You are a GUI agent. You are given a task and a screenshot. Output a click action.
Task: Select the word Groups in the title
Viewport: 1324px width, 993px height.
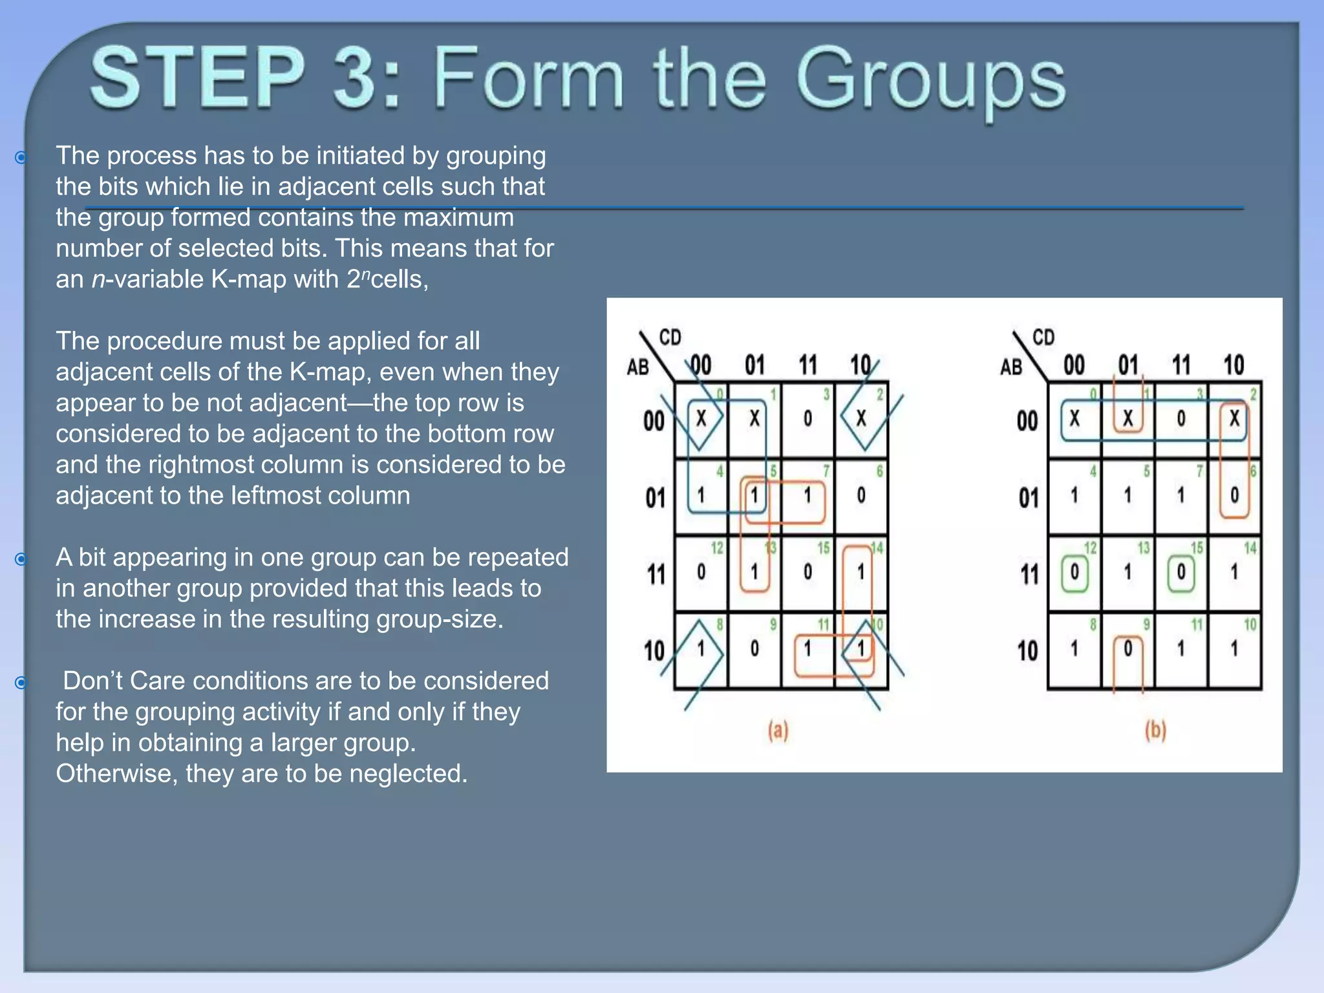(x=931, y=81)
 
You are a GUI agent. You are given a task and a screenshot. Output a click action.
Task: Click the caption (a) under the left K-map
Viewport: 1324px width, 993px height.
(x=778, y=731)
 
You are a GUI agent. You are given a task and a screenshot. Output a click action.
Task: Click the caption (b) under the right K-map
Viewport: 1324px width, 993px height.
(x=1155, y=731)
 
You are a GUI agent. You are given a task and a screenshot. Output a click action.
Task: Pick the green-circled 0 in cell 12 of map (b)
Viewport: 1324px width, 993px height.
(x=1074, y=572)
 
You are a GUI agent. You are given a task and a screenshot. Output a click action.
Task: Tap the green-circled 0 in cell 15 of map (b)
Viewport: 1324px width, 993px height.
(x=1181, y=572)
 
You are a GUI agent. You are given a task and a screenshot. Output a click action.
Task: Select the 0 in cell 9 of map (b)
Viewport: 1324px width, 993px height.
(x=1128, y=648)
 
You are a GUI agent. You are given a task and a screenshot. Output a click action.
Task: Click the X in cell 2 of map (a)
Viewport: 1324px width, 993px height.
(x=861, y=419)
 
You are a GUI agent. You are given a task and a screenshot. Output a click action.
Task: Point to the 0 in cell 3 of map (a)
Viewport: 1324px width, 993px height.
(x=807, y=419)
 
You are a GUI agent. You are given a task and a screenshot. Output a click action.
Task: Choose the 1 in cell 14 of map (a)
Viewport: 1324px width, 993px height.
(x=860, y=572)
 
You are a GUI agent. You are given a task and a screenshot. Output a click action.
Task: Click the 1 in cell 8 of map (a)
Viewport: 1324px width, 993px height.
(x=701, y=648)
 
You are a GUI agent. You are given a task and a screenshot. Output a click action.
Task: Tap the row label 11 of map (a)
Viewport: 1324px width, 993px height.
(x=656, y=573)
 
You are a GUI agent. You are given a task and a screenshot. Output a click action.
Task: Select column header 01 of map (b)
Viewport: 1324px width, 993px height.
(x=1128, y=365)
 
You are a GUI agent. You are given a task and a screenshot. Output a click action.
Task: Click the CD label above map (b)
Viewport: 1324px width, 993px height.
(x=1043, y=337)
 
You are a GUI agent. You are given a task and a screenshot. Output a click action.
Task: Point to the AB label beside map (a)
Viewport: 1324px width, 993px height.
(x=637, y=367)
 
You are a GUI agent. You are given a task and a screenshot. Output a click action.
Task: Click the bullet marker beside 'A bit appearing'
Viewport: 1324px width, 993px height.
(x=21, y=559)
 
